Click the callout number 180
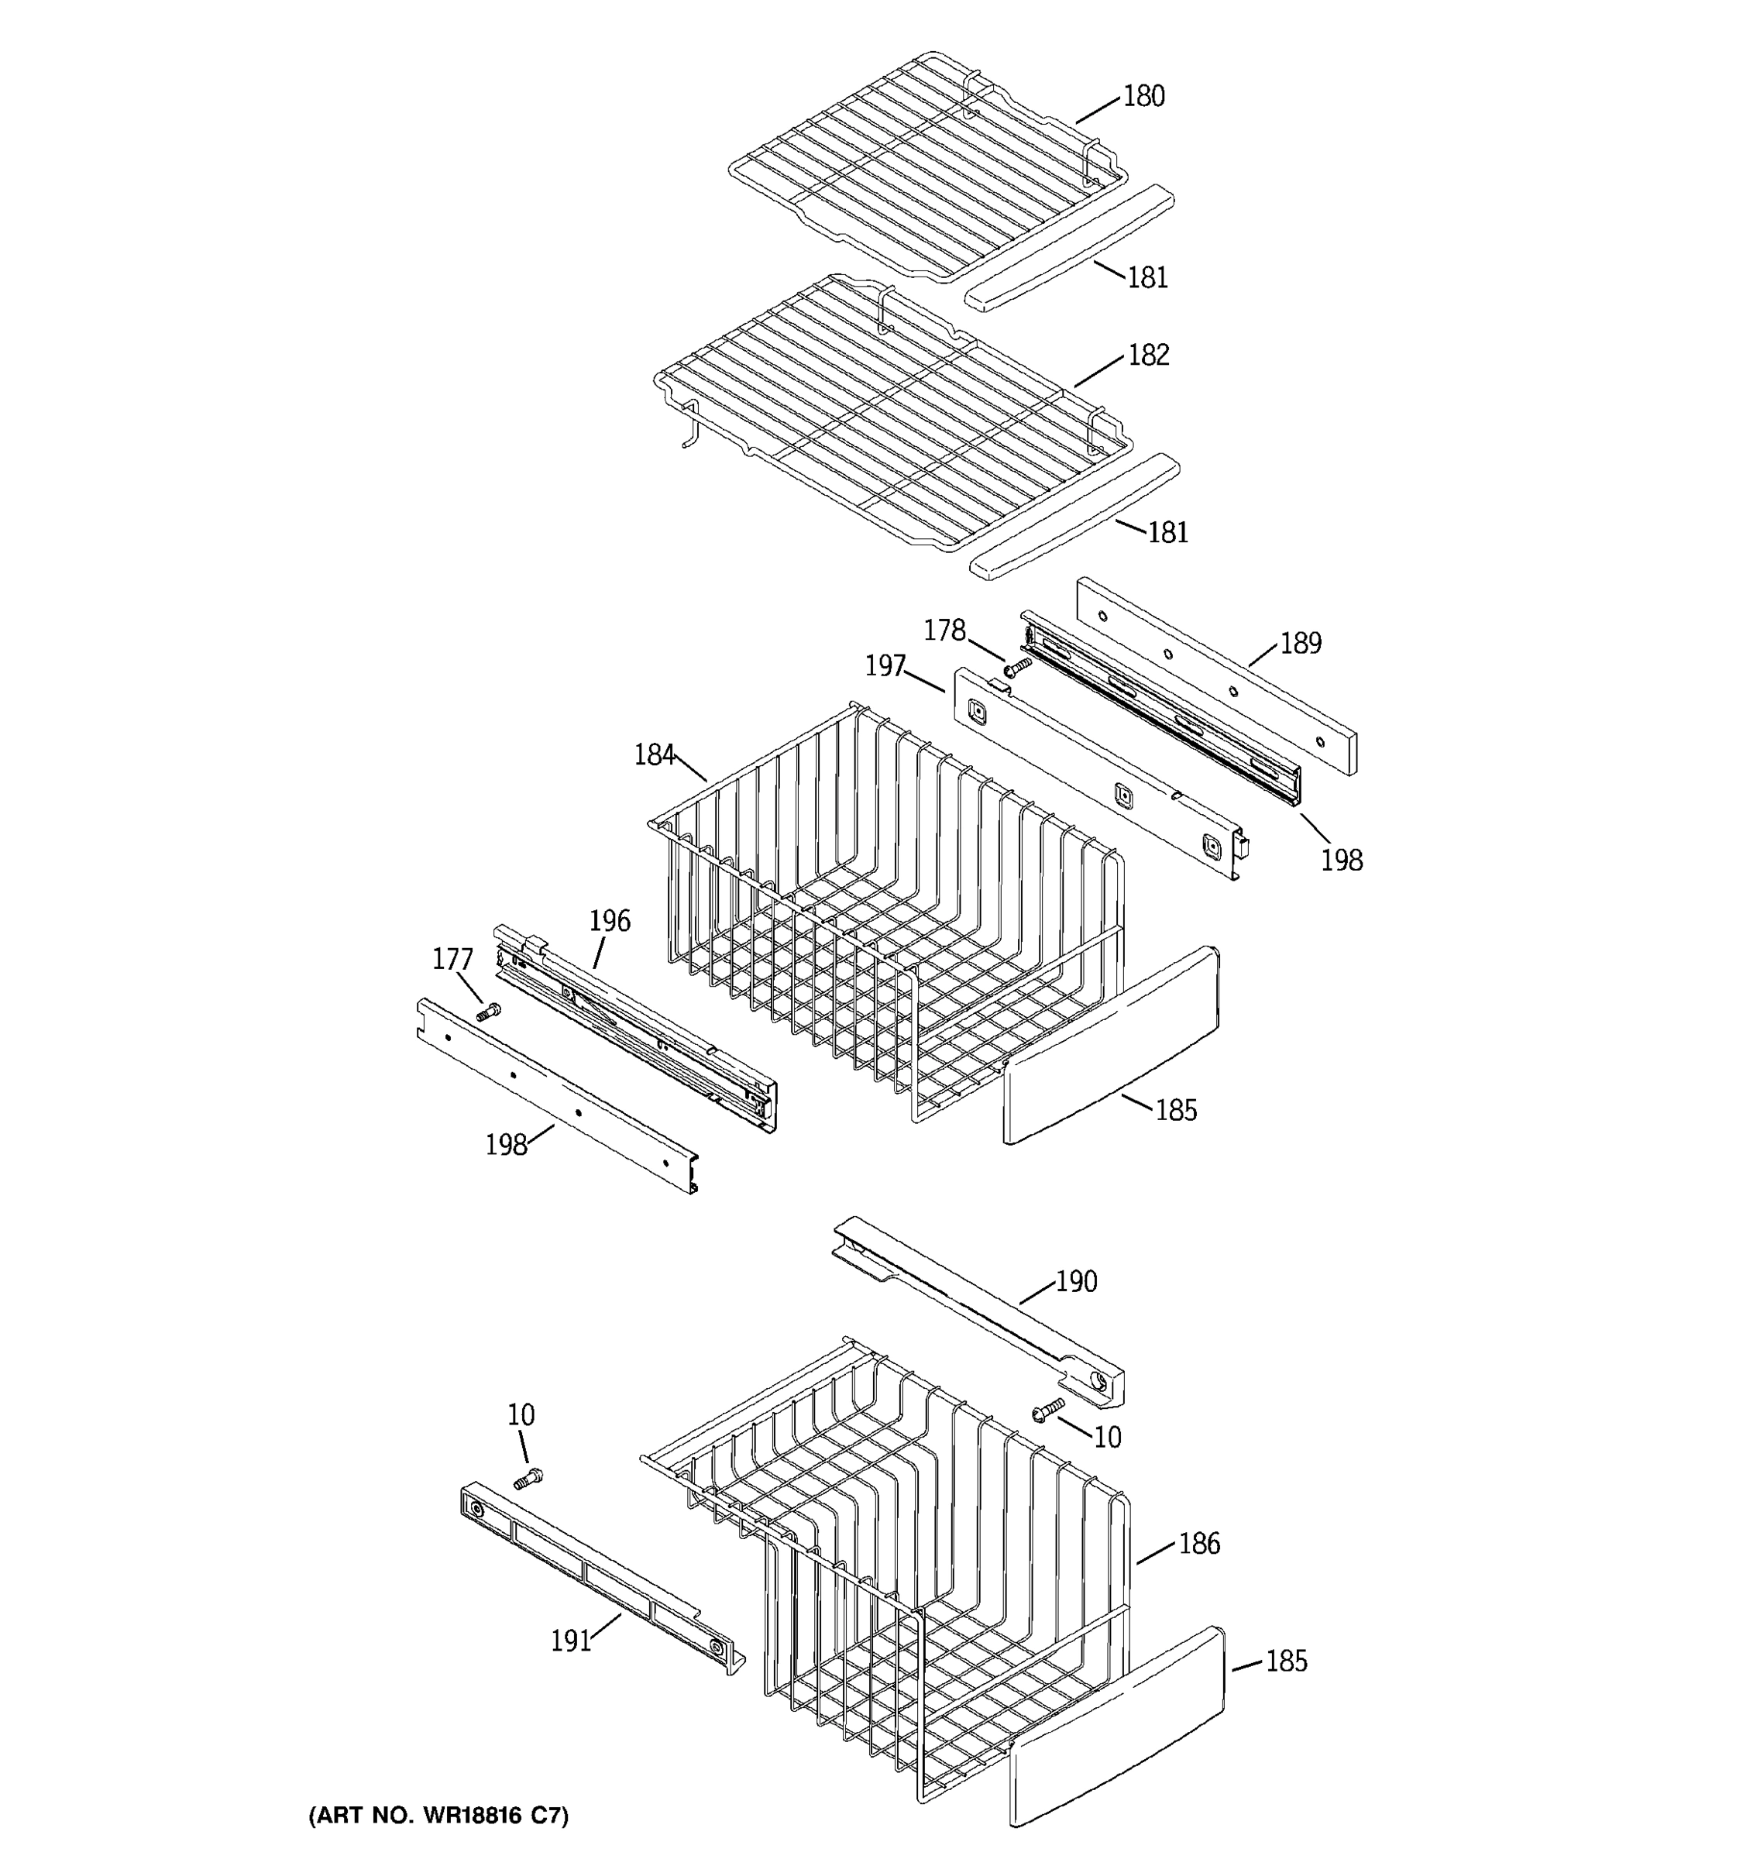[x=1143, y=96]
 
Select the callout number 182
[x=1148, y=356]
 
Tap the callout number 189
[x=1300, y=644]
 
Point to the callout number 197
[x=885, y=666]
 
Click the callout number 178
[x=944, y=631]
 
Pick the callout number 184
[x=654, y=754]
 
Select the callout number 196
[x=610, y=921]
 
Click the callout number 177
[x=452, y=960]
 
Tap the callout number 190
[x=1076, y=1282]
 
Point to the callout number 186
[x=1198, y=1544]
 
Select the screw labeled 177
[x=488, y=1011]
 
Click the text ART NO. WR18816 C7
[x=438, y=1816]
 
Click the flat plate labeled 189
[x=1215, y=678]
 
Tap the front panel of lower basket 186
[x=1116, y=1727]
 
